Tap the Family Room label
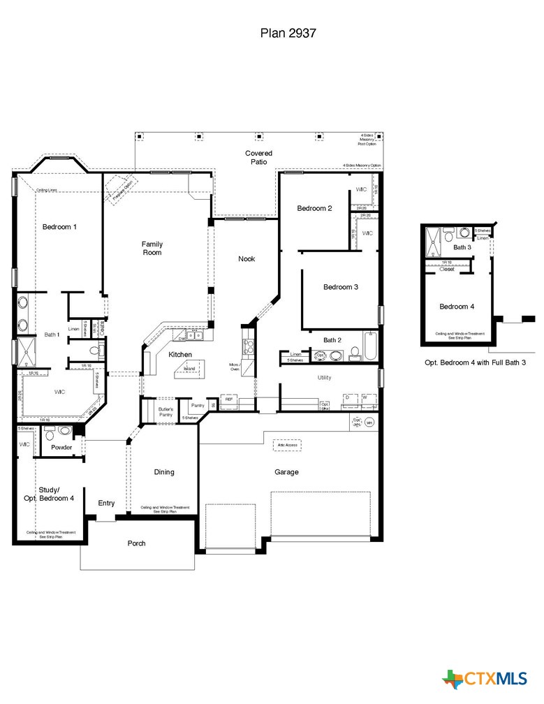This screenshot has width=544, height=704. (x=152, y=248)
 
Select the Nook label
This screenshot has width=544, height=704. (x=247, y=259)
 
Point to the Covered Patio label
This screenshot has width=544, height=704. (x=259, y=157)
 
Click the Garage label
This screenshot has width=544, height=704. (x=286, y=472)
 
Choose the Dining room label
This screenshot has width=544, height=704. (x=164, y=472)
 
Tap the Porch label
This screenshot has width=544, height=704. (x=137, y=543)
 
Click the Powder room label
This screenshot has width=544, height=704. (x=61, y=447)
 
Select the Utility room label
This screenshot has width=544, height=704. (x=324, y=378)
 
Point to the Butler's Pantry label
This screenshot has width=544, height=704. (x=166, y=412)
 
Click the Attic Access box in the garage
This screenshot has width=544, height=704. (x=288, y=445)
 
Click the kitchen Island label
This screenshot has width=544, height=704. (x=189, y=369)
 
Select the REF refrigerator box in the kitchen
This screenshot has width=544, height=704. (x=229, y=400)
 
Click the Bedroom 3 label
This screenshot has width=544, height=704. (x=341, y=287)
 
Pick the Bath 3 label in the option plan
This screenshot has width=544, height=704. (x=462, y=247)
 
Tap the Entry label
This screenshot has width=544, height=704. (x=106, y=503)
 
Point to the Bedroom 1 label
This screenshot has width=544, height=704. (x=59, y=227)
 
